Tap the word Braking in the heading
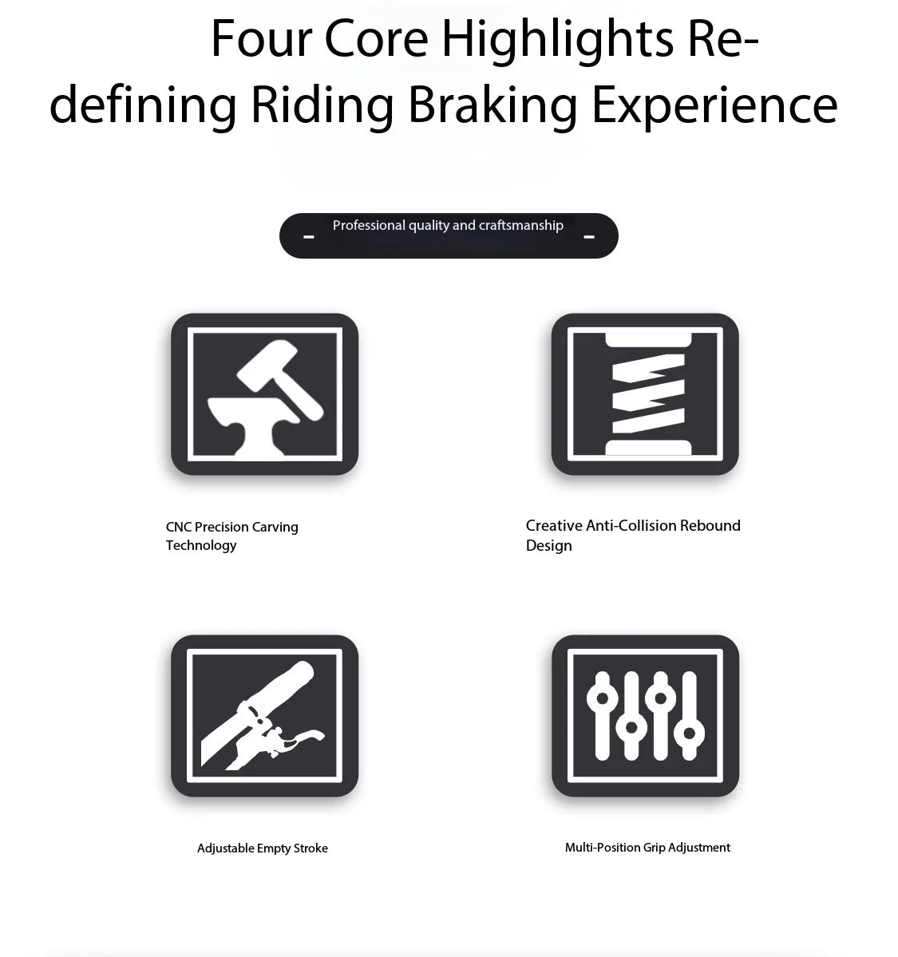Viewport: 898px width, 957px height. (492, 105)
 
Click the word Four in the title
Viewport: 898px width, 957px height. (259, 38)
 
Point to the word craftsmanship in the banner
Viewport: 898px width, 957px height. (520, 225)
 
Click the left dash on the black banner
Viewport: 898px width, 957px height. (309, 237)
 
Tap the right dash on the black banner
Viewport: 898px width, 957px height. (589, 237)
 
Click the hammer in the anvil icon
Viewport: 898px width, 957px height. (279, 378)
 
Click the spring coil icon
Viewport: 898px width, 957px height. (647, 394)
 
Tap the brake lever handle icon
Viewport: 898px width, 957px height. (263, 715)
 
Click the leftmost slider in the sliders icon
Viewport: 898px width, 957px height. (602, 716)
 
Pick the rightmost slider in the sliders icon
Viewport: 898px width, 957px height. (689, 716)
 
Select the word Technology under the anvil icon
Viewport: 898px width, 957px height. (201, 546)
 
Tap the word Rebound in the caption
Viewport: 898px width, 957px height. (710, 525)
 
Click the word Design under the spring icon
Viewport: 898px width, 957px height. (549, 546)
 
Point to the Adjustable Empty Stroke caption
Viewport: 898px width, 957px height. (263, 848)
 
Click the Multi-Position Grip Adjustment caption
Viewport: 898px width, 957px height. (647, 848)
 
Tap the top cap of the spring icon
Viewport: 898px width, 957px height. (648, 341)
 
